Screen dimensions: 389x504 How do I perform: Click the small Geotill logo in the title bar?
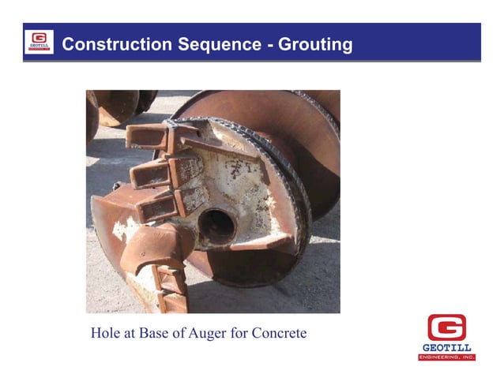click(39, 42)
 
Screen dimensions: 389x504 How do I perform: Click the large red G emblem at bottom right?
click(446, 327)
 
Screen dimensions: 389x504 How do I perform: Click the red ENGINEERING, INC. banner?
click(446, 357)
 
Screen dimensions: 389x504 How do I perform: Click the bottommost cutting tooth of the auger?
click(169, 299)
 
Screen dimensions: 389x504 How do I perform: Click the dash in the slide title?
click(269, 45)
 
